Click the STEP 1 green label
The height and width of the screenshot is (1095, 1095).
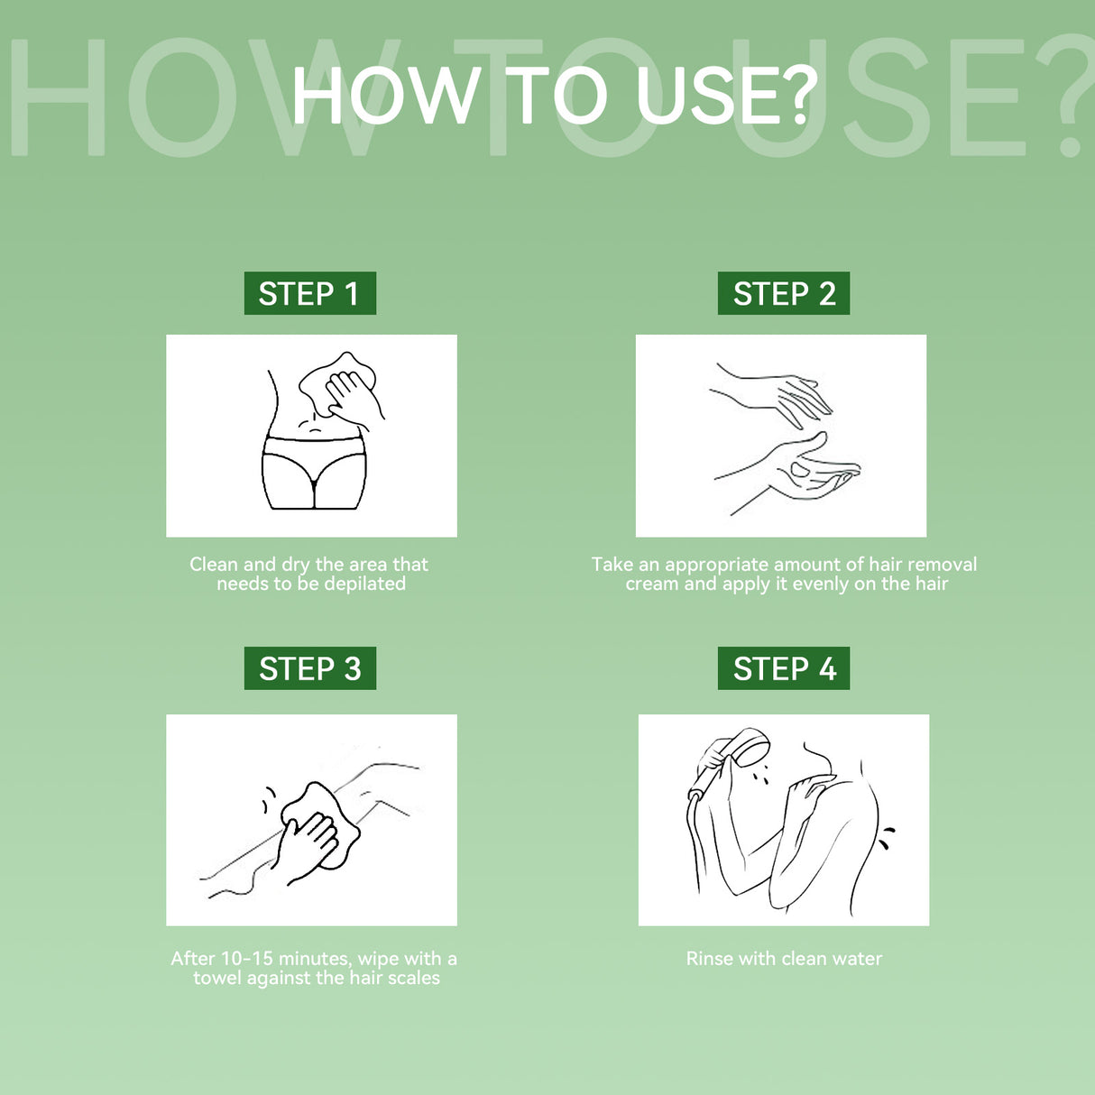309,292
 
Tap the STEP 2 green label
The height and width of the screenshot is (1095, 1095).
784,292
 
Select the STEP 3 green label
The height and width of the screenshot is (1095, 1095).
309,667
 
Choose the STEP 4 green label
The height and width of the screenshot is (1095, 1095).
784,667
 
